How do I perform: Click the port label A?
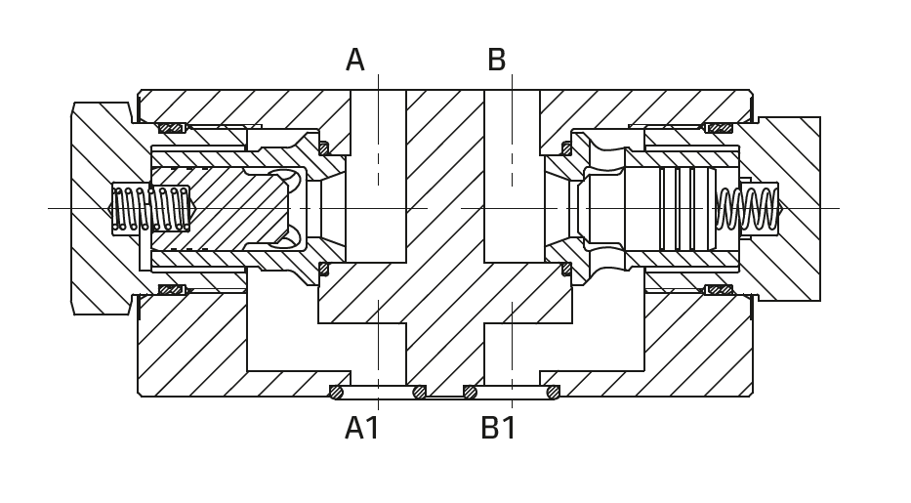tap(354, 61)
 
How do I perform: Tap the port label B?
tap(496, 61)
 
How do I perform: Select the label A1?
tap(362, 428)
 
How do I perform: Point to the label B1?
tap(499, 428)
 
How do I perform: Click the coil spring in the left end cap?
tap(151, 208)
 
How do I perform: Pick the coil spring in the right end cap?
tap(749, 208)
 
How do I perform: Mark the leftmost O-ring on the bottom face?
tap(336, 393)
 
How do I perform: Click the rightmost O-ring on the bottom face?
tap(553, 393)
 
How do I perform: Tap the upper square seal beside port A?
tap(323, 148)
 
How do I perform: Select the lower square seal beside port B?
tap(566, 269)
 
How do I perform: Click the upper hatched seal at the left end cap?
tap(171, 128)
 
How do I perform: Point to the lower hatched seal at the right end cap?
tap(720, 289)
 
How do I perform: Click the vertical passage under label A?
tap(378, 176)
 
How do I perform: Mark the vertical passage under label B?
tap(512, 176)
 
